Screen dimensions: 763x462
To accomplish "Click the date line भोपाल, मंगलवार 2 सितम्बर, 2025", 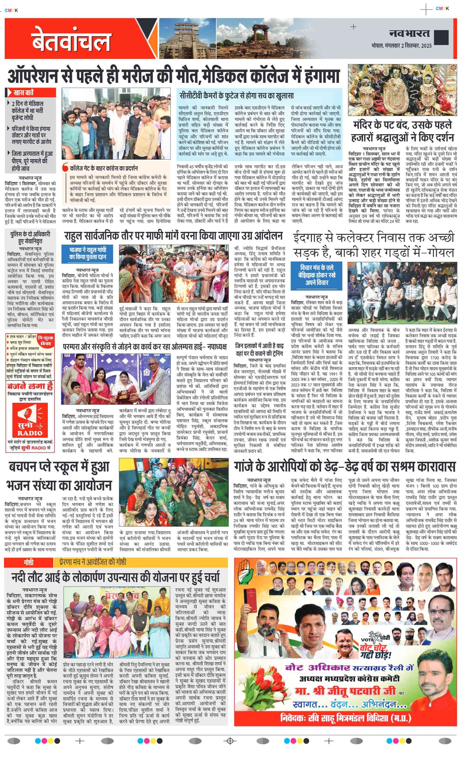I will tap(401, 46).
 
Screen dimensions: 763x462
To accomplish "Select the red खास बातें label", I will tap(24, 92).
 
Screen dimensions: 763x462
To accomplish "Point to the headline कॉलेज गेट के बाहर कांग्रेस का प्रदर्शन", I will tap(104, 168).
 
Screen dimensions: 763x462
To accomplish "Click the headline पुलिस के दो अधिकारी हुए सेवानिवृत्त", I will tap(30, 237).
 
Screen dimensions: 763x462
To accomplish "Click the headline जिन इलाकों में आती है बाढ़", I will tap(259, 349).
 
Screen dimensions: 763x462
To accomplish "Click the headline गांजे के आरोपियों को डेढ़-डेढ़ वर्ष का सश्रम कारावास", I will tap(344, 467).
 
